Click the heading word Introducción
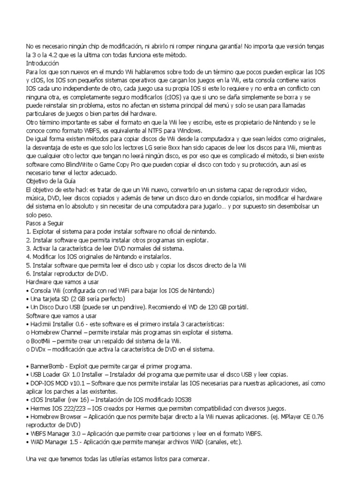43,62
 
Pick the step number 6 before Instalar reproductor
28,273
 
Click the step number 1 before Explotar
28,231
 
